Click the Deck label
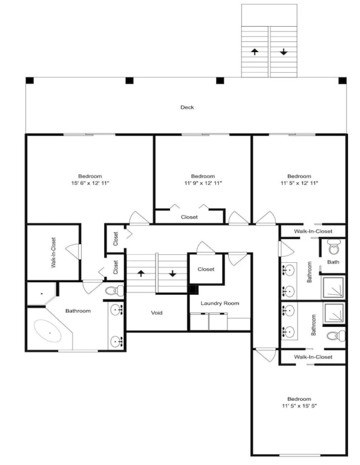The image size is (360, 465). click(x=187, y=107)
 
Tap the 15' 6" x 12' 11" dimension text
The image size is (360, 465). click(x=90, y=183)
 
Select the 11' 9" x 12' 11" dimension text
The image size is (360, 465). click(x=203, y=183)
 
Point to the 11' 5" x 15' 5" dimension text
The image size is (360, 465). click(x=299, y=406)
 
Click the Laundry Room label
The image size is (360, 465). click(x=220, y=303)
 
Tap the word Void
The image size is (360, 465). click(x=157, y=312)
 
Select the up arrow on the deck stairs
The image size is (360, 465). click(x=255, y=52)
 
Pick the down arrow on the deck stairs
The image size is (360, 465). click(x=284, y=52)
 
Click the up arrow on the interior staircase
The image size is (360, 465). click(x=141, y=273)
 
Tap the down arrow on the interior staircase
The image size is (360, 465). click(x=172, y=273)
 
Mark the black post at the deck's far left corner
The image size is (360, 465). click(x=30, y=81)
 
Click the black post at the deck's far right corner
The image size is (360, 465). click(x=342, y=81)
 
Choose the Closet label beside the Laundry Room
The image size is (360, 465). click(x=206, y=269)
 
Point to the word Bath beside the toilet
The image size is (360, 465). click(x=333, y=262)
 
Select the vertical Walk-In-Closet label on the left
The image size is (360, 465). click(x=54, y=252)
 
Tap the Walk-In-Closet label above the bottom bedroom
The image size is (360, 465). click(x=313, y=357)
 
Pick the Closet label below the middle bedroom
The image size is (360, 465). click(x=189, y=217)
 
